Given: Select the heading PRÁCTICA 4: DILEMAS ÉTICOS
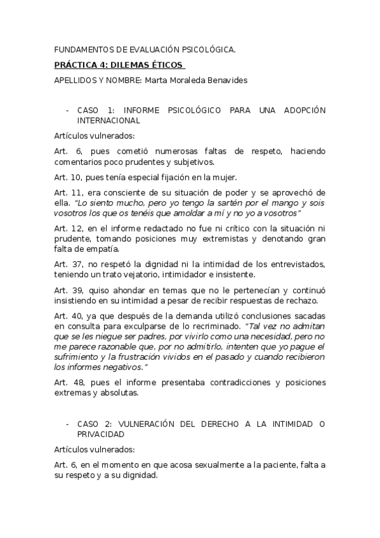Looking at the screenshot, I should [x=119, y=65].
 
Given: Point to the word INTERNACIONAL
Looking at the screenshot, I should [x=108, y=120].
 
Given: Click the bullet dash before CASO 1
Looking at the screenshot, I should [x=67, y=110].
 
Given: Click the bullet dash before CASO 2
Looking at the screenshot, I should [x=67, y=424].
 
